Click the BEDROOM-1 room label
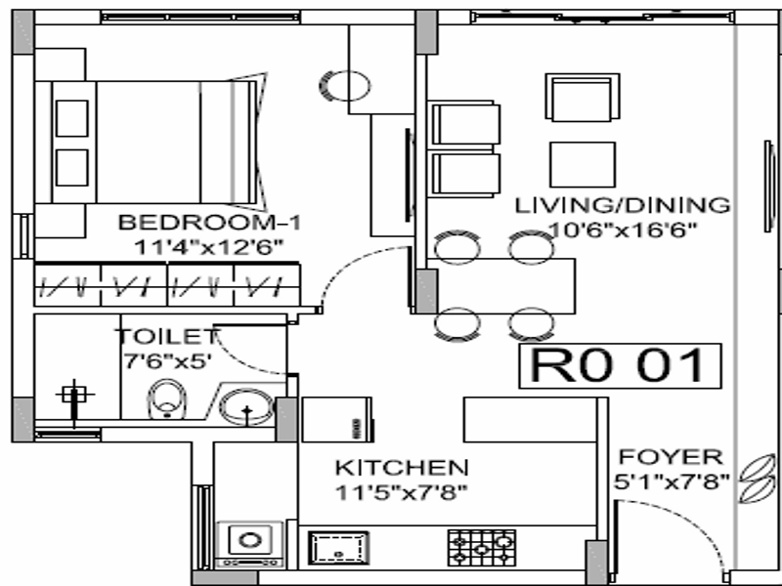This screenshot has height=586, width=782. click(209, 223)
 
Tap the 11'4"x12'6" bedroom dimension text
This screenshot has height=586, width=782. click(209, 247)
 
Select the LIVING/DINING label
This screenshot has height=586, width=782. click(623, 205)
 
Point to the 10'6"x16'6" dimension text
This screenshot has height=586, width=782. click(622, 230)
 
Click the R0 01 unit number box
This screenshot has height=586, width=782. click(620, 365)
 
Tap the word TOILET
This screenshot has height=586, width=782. click(167, 336)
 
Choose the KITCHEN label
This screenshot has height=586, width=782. click(402, 468)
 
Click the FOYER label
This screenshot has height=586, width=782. click(671, 457)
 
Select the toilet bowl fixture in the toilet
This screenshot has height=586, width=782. click(167, 399)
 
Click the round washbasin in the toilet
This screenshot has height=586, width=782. click(247, 406)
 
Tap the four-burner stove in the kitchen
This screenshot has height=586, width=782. click(482, 548)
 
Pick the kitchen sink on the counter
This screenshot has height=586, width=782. click(338, 548)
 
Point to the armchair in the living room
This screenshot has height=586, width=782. click(583, 97)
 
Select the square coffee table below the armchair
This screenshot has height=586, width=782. click(583, 164)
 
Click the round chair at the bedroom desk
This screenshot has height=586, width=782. click(344, 86)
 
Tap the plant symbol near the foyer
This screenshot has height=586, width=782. click(757, 479)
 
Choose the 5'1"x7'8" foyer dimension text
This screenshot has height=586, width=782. click(672, 481)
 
